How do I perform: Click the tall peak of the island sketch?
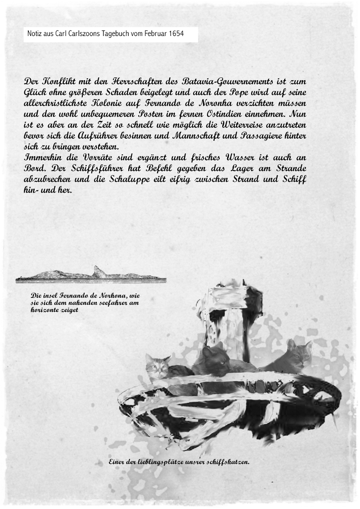click(97, 271)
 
